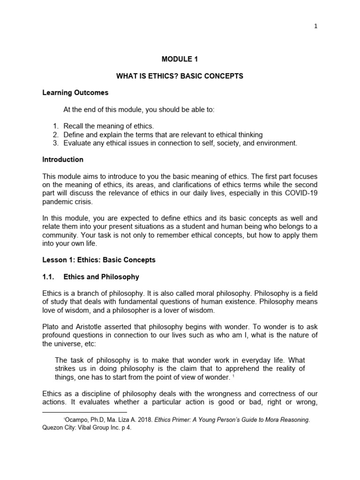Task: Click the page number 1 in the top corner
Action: (x=316, y=26)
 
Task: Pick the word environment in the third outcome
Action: (x=277, y=143)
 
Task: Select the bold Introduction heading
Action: (x=63, y=159)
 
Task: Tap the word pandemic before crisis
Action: (x=57, y=202)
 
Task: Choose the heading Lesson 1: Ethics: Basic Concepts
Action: (x=99, y=260)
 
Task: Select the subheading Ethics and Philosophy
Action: (x=101, y=277)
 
